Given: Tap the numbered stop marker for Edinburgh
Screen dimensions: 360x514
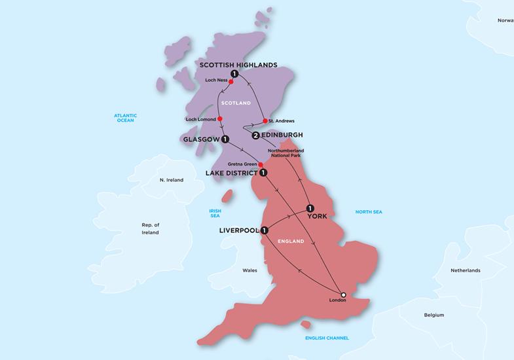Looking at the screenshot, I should pyautogui.click(x=255, y=135).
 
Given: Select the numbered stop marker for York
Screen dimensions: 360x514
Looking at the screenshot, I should pyautogui.click(x=310, y=209).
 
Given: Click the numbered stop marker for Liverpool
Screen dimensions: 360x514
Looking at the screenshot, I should pyautogui.click(x=264, y=230).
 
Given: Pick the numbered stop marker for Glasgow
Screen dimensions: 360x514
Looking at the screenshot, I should pyautogui.click(x=225, y=139).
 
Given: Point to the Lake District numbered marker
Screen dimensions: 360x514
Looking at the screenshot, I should pyautogui.click(x=263, y=173).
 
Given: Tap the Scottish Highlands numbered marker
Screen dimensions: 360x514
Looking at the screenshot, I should pyautogui.click(x=234, y=74).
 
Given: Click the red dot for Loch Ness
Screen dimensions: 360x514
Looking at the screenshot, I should pyautogui.click(x=231, y=82).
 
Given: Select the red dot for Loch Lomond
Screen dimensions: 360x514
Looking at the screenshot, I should pyautogui.click(x=229, y=119).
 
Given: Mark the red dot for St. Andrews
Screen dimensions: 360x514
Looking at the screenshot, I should pyautogui.click(x=264, y=121).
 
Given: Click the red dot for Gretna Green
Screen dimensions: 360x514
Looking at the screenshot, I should pyautogui.click(x=261, y=164).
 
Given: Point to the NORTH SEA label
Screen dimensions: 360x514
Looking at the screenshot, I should pyautogui.click(x=368, y=212).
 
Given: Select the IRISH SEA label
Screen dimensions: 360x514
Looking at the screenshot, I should pyautogui.click(x=215, y=214).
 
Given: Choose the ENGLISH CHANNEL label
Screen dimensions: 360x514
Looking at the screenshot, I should pyautogui.click(x=327, y=338).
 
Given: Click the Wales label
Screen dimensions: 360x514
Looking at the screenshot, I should pyautogui.click(x=250, y=270).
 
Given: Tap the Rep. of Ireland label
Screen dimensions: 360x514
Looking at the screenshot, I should pyautogui.click(x=151, y=228).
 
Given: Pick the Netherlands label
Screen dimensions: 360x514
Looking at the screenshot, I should pyautogui.click(x=465, y=270).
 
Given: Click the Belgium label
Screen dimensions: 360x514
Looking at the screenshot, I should pyautogui.click(x=433, y=314).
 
